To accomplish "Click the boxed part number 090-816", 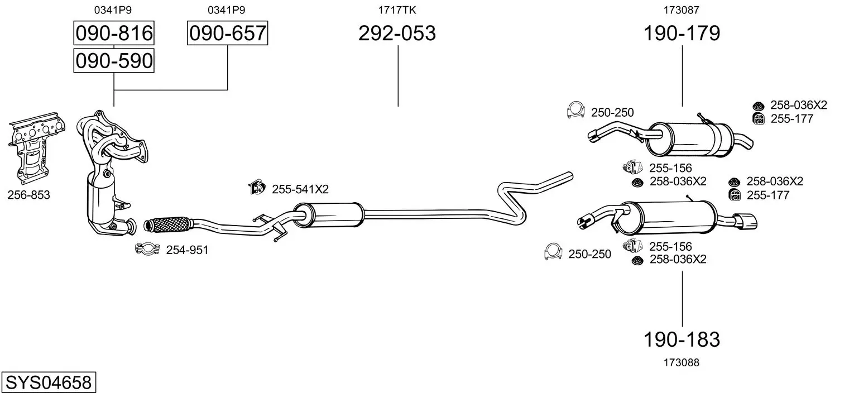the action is tap(114, 33).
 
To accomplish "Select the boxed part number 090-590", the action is tap(114, 61).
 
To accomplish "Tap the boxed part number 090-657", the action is tap(227, 33).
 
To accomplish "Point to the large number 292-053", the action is tap(397, 33).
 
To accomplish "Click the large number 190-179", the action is tap(682, 33).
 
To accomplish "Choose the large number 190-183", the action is tap(682, 339).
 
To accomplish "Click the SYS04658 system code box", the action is tap(49, 382).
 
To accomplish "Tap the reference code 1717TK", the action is tap(397, 10).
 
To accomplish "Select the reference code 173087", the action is tap(682, 10).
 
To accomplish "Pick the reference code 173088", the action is tap(682, 362).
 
